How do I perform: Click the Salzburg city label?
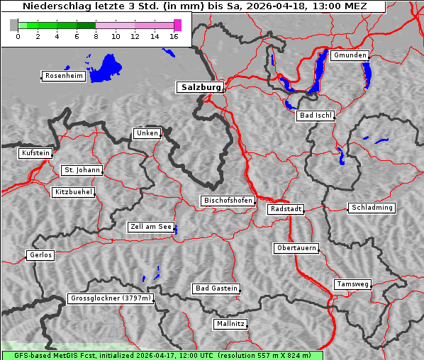coord(200,87)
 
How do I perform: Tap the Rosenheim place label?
coord(62,76)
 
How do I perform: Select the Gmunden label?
coord(350,55)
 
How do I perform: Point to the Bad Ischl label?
coord(315,116)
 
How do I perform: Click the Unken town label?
coord(147,133)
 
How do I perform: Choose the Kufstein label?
coord(35,153)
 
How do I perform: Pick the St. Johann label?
coord(82,170)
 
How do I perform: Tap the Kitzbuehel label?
coord(73,192)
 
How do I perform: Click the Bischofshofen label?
coord(228,201)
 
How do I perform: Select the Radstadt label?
coord(286,209)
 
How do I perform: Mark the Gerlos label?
coord(40,255)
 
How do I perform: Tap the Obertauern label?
coord(296,248)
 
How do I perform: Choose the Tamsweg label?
coord(352,284)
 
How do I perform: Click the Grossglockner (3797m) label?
coord(111,298)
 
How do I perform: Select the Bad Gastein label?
coord(216,288)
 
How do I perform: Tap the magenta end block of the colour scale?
coord(177,25)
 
